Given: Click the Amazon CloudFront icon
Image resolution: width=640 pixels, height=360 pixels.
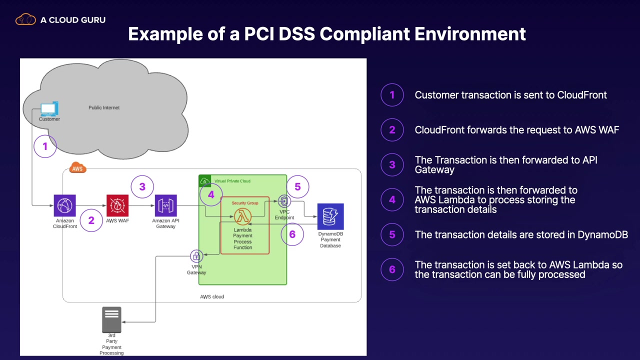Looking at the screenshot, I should [64, 205].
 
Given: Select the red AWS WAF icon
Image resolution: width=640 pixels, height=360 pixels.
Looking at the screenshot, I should [117, 205].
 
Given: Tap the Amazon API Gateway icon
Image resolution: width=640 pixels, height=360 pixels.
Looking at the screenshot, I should [165, 205].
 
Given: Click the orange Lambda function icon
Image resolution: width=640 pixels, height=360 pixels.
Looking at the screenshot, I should [243, 216].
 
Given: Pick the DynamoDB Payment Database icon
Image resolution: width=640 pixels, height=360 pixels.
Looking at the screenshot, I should [330, 216].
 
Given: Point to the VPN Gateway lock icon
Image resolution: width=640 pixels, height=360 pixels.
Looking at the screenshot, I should [196, 256].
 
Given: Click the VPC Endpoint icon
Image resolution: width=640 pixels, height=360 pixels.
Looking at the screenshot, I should [284, 201].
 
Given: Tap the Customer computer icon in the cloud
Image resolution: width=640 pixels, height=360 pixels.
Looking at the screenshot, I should [49, 109].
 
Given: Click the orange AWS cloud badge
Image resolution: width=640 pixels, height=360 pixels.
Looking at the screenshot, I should [77, 168].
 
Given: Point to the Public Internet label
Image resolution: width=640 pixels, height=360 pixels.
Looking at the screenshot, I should [104, 107].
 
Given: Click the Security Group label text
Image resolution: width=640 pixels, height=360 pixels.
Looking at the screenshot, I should [245, 203].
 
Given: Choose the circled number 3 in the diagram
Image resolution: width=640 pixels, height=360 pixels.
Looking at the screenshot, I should [142, 186].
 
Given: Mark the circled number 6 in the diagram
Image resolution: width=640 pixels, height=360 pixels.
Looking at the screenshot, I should [292, 234].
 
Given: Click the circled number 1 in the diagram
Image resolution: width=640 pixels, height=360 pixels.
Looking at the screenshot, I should [45, 146].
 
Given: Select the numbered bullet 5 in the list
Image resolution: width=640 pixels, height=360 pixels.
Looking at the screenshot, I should [392, 234].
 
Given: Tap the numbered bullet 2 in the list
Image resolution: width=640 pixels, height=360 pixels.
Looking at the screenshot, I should [392, 130].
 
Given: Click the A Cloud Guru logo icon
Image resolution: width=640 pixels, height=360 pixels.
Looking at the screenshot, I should [25, 20].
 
